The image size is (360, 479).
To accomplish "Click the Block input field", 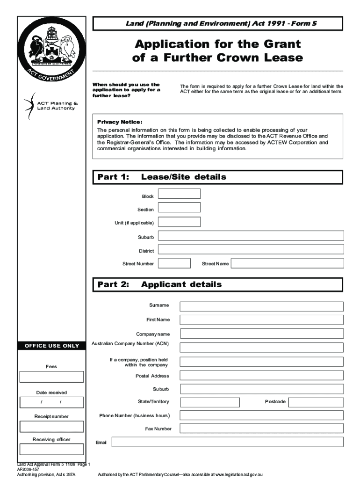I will pos(179,194).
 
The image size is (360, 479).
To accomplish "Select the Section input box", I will pos(179,207).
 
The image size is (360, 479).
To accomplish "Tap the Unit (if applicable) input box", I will pos(179,222).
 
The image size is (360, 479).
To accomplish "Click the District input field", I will pos(251,249).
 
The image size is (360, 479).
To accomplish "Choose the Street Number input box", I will pos(174,263).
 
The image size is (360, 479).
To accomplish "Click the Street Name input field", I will pos(287,263).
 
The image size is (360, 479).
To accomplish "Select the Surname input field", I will pos(261,306).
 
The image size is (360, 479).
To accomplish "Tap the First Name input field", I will pos(261,320).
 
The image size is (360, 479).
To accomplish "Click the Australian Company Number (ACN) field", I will pos(261,348).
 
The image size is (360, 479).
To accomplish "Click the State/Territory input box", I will pos(209,402).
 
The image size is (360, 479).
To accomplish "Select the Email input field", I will pos(227,442).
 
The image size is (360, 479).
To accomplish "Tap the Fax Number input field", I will pos(261,429).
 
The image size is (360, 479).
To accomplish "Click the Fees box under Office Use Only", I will pos(51,377).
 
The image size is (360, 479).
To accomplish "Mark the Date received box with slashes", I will pos(51,402).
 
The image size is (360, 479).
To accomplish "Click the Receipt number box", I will pos(51,426).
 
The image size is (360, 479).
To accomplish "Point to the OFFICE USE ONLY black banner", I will pos(51,346).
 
